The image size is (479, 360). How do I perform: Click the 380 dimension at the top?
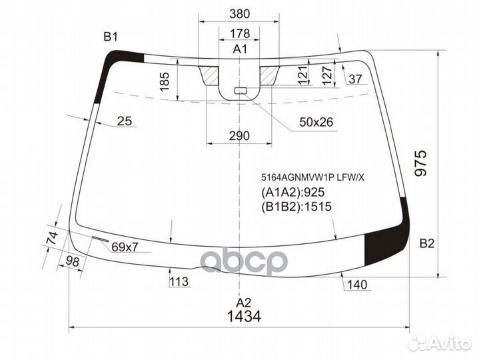(239, 14)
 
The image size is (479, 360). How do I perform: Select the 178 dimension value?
(239, 33)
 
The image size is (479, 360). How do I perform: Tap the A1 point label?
(240, 49)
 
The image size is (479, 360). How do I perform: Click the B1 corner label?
(111, 36)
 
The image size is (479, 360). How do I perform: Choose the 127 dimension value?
(327, 74)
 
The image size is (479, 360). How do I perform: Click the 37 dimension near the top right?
(355, 80)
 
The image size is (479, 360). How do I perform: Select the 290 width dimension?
(239, 136)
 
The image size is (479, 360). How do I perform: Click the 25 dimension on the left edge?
(124, 121)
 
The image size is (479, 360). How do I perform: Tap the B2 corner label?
(426, 243)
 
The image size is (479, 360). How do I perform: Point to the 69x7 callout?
(125, 247)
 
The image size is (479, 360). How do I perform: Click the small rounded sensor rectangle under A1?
(240, 90)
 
